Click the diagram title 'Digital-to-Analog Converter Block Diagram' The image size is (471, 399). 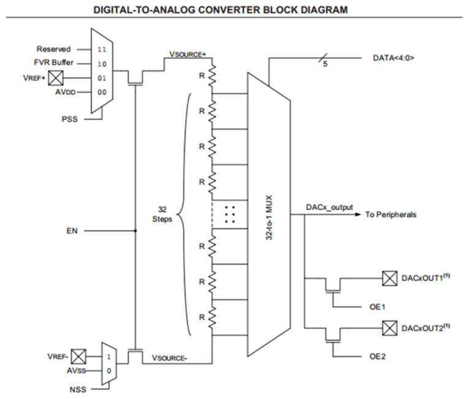(235, 10)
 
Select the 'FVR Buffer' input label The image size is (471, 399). (53, 63)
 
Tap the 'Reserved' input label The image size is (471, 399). (53, 49)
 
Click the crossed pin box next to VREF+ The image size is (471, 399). (56, 78)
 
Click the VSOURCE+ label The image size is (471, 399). (191, 55)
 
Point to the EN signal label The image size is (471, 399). (72, 231)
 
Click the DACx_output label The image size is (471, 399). (329, 207)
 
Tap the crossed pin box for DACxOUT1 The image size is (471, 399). (388, 278)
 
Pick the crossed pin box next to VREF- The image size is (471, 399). (78, 356)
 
